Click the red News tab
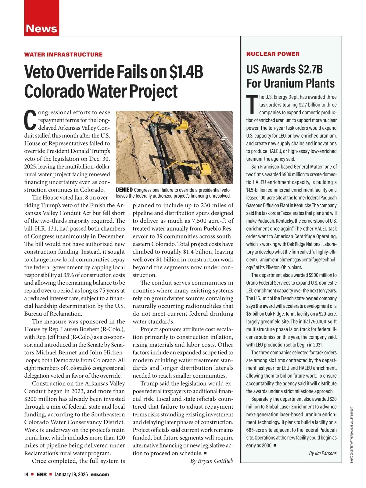tap(41, 28)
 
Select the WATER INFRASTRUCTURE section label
tap(63, 55)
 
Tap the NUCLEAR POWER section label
tap(273, 54)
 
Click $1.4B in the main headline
tap(186, 72)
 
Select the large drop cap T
tap(252, 104)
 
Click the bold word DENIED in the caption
tap(124, 190)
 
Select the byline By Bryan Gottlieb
tap(211, 461)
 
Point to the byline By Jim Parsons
tap(323, 453)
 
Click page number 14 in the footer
tap(26, 475)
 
